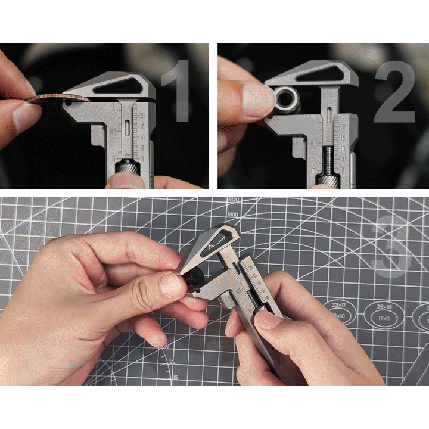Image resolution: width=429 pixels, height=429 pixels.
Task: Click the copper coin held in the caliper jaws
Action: tap(51, 101)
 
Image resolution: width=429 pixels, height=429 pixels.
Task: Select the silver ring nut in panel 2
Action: tap(286, 100)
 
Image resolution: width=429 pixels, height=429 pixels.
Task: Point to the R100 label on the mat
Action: tap(232, 214)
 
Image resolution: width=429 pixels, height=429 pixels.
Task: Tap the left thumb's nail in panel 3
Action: tap(173, 286)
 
